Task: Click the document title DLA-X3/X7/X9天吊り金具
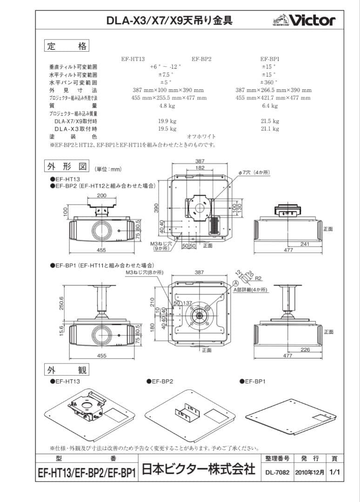point(169,20)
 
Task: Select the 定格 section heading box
point(66,46)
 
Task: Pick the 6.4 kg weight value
point(270,106)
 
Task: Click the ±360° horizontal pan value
point(269,82)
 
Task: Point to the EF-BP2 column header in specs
point(201,59)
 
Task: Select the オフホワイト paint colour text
point(201,137)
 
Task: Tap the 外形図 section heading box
point(66,166)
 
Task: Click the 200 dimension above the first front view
point(101,196)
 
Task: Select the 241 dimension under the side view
point(305,244)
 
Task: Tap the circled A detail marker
point(236,283)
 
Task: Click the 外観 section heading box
point(66,370)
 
